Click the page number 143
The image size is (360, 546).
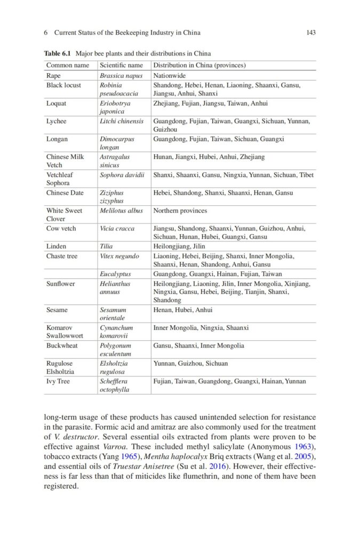pyautogui.click(x=311, y=33)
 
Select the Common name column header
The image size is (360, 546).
pyautogui.click(x=68, y=66)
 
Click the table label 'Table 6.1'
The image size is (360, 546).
pyautogui.click(x=58, y=53)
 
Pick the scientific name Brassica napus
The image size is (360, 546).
pyautogui.click(x=121, y=76)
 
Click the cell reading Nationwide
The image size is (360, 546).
pyautogui.click(x=170, y=76)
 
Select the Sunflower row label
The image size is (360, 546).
pyautogui.click(x=61, y=284)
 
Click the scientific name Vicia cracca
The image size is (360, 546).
pyautogui.click(x=117, y=228)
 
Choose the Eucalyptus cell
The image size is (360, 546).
pyautogui.click(x=115, y=274)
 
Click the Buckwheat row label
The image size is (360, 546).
pyautogui.click(x=62, y=346)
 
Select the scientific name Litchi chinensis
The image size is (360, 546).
pyautogui.click(x=122, y=121)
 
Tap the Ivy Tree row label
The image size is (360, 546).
pyautogui.click(x=58, y=381)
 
